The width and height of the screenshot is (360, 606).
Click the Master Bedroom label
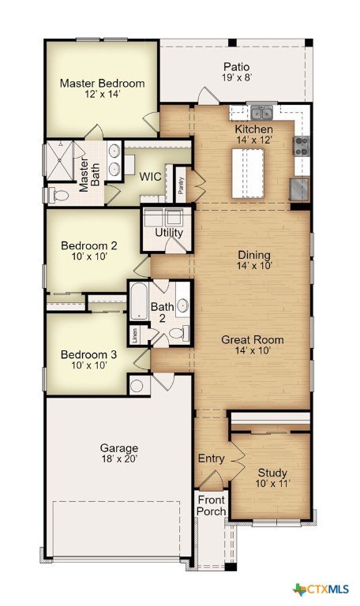pyautogui.click(x=102, y=83)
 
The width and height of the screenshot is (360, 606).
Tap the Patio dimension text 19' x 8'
pyautogui.click(x=237, y=77)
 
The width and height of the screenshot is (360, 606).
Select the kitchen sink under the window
pyautogui.click(x=262, y=114)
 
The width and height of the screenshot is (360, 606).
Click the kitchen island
pyautogui.click(x=248, y=174)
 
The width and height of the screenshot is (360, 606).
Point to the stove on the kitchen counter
pyautogui.click(x=302, y=146)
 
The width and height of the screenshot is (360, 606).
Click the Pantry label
pyautogui.click(x=181, y=185)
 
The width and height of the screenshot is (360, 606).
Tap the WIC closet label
pyautogui.click(x=151, y=177)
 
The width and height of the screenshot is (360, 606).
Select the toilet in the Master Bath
pyautogui.click(x=58, y=195)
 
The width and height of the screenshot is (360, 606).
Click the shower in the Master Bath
pyautogui.click(x=59, y=161)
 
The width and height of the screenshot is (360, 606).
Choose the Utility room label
pyautogui.click(x=169, y=233)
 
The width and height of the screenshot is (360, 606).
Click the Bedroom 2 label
pyautogui.click(x=89, y=245)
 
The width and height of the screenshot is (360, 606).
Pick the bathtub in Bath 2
pyautogui.click(x=139, y=302)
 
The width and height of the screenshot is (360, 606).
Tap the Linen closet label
pyautogui.click(x=134, y=335)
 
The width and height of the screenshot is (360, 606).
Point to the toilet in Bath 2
pyautogui.click(x=179, y=332)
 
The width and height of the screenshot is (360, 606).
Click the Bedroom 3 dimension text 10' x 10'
pyautogui.click(x=89, y=365)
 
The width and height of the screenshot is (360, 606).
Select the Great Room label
pyautogui.click(x=253, y=340)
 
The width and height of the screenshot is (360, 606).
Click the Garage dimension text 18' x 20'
pyautogui.click(x=119, y=458)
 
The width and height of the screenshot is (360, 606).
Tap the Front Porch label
pyautogui.click(x=211, y=506)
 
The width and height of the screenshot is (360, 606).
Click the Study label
pyautogui.click(x=272, y=473)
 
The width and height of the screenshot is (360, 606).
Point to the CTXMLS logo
pyautogui.click(x=321, y=589)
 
